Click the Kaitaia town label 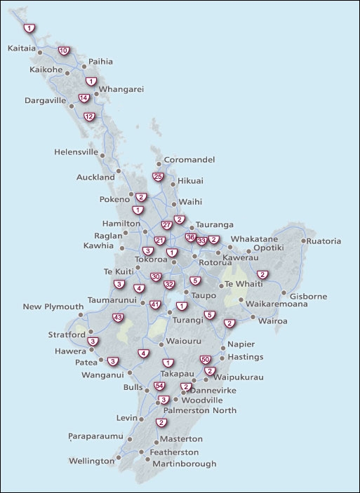[22, 49]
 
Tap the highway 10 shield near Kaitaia [63, 50]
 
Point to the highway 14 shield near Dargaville [84, 97]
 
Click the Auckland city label [95, 177]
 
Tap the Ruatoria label [324, 241]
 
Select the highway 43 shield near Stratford [118, 318]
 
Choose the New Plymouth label [53, 306]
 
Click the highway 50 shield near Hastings [205, 360]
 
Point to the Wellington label [91, 461]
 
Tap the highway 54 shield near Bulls [159, 386]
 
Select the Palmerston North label [200, 410]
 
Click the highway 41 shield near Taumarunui [155, 304]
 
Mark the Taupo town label [204, 295]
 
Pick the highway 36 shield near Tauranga [190, 238]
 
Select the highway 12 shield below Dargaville [88, 116]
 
